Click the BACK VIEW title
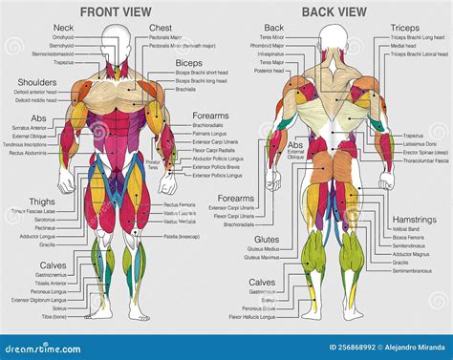(x=333, y=11)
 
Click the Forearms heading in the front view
(x=210, y=116)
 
